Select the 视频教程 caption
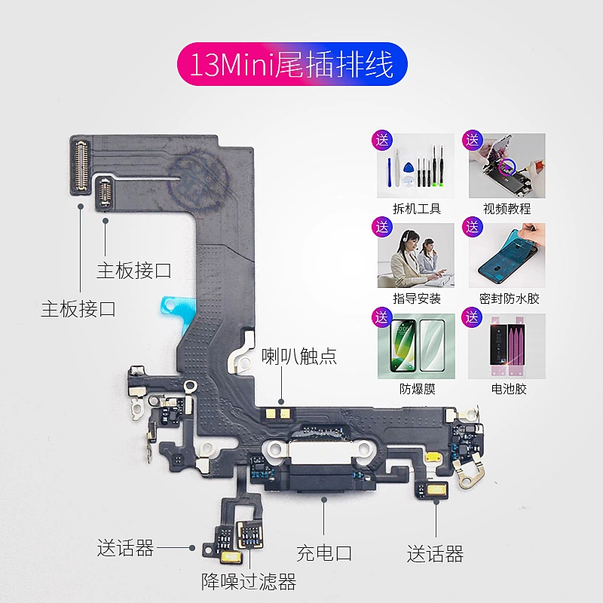click(507, 209)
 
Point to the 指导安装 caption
click(417, 298)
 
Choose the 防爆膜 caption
click(417, 389)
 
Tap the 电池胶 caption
click(507, 389)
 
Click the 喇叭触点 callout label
click(299, 357)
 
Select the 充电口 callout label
click(324, 553)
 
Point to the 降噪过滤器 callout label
click(248, 581)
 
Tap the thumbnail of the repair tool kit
click(416, 167)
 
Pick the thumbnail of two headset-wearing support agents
click(416, 256)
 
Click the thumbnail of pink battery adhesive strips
click(507, 347)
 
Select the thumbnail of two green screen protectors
click(416, 347)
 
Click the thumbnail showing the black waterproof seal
click(507, 256)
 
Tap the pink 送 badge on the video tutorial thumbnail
click(473, 139)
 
